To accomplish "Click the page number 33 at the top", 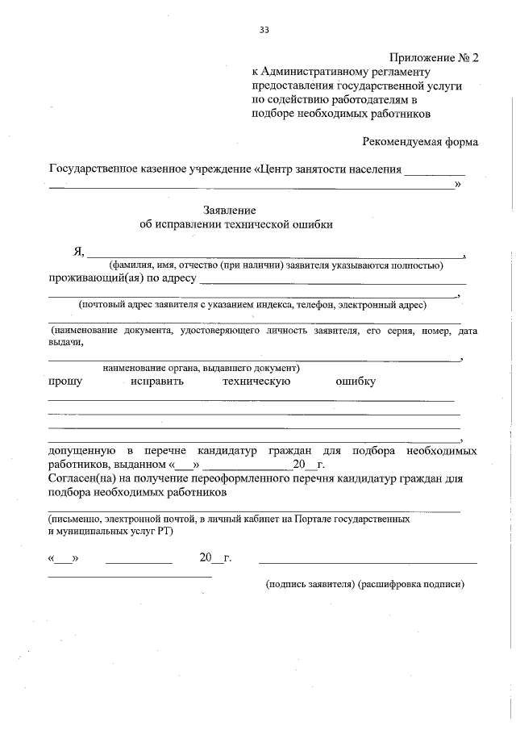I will point(264,30).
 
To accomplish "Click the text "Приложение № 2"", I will point(434,58).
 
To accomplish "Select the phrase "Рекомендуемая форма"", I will point(420,142).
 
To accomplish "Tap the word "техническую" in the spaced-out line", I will point(256,381).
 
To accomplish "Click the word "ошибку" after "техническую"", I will point(356,381).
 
